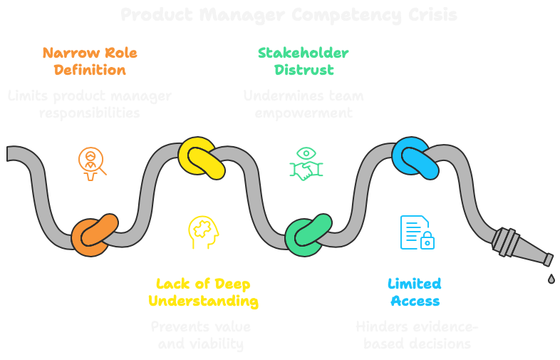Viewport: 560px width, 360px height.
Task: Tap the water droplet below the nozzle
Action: (551, 279)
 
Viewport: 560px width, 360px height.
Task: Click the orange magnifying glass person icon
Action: (92, 162)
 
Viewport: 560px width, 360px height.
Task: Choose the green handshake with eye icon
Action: (306, 163)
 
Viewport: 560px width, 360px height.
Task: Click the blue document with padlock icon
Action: (417, 232)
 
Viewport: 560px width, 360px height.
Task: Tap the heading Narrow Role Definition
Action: (90, 61)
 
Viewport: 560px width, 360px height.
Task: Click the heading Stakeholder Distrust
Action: (304, 61)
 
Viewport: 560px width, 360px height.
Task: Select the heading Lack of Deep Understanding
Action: (203, 293)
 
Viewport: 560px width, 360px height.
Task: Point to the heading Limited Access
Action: (415, 293)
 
